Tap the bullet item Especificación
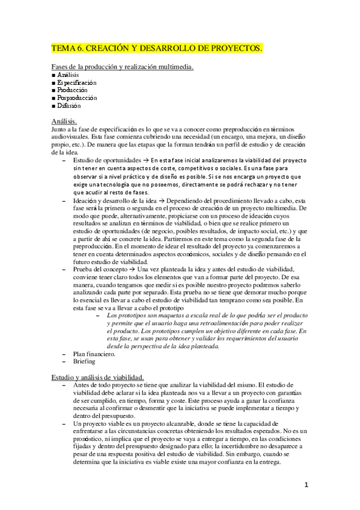point(77,82)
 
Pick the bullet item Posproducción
point(77,97)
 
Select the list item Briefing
point(84,363)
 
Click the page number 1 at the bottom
point(306,484)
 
